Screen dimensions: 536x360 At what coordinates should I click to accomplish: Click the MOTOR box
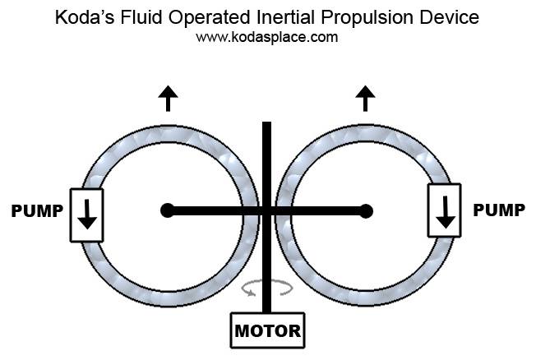point(268,330)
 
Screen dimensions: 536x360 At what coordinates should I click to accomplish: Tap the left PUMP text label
point(37,211)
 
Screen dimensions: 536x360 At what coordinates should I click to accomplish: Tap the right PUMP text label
point(499,210)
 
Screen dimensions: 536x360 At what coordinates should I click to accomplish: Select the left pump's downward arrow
point(87,215)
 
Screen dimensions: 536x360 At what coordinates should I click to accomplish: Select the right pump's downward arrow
point(445,212)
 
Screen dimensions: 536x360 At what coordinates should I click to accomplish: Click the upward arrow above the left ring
point(168,99)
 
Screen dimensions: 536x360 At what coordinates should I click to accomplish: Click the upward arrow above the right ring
point(365,99)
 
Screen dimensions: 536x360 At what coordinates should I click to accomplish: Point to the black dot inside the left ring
point(168,210)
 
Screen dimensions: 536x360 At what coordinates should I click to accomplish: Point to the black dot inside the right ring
point(366,211)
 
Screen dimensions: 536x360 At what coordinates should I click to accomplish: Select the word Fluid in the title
point(141,17)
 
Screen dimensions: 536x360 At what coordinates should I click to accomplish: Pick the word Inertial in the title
point(285,17)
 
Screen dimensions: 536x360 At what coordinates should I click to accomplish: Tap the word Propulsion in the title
point(367,18)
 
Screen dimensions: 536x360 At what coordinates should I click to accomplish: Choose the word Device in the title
point(449,17)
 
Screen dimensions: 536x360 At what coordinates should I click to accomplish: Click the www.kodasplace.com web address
point(267,37)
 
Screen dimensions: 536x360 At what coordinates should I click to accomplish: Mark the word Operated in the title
point(209,18)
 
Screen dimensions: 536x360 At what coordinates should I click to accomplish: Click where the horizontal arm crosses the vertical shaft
point(266,211)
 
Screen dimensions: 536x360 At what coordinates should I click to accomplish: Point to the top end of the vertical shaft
point(266,122)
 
